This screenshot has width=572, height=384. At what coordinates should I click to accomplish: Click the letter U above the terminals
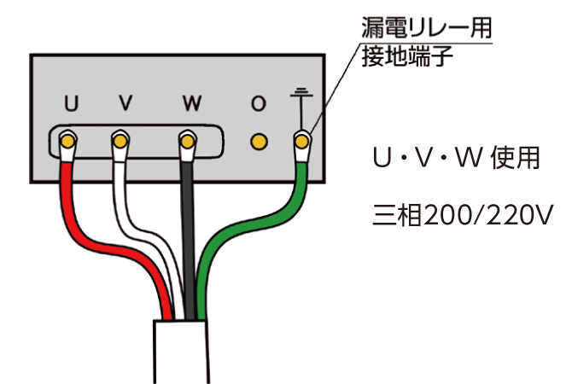click(71, 103)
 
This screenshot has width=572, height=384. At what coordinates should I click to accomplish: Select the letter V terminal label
click(125, 102)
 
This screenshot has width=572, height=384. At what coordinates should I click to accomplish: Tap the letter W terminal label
click(192, 103)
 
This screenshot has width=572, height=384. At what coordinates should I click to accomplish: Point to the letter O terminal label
click(259, 103)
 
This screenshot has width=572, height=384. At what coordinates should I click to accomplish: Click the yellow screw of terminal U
click(67, 141)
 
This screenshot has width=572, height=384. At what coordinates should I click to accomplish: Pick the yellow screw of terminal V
click(120, 141)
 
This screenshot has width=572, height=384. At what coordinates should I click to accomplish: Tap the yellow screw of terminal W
click(188, 142)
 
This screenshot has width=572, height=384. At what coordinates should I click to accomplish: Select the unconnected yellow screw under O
click(259, 142)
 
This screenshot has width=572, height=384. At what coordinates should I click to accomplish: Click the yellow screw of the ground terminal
click(301, 142)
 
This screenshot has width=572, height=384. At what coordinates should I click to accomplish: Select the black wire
click(188, 241)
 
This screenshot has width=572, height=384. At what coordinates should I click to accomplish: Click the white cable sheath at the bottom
click(181, 352)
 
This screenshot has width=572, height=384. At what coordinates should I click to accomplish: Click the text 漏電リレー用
click(427, 27)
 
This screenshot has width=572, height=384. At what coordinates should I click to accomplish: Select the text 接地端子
click(407, 56)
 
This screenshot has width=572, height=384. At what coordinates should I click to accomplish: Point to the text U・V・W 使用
click(456, 158)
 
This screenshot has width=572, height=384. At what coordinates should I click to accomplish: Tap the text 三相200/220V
click(463, 215)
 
